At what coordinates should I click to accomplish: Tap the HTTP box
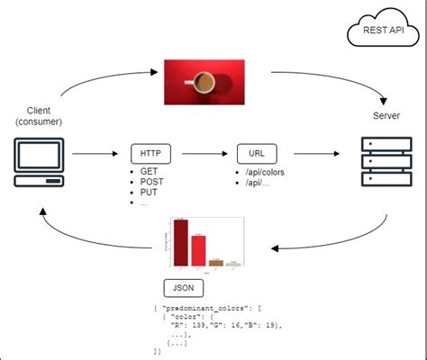click(150, 153)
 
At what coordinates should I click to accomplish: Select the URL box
click(256, 153)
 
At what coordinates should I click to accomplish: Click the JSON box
click(183, 288)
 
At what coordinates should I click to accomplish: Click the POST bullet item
click(150, 181)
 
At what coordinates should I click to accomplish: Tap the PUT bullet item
click(148, 192)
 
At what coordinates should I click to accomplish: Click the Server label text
click(386, 116)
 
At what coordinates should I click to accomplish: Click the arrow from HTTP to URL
click(203, 153)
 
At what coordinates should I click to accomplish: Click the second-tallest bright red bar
click(198, 251)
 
